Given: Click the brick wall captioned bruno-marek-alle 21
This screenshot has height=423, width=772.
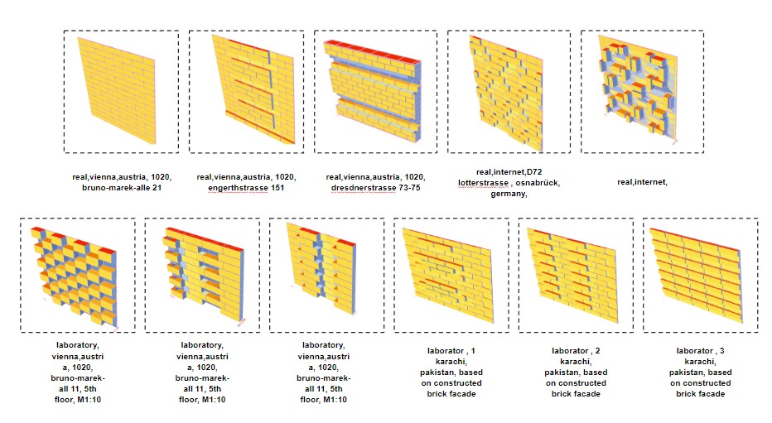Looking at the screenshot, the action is tap(117, 91).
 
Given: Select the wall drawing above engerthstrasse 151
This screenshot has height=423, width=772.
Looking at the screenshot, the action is tap(253, 89).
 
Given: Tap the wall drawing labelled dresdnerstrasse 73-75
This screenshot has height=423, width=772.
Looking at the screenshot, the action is tap(372, 91).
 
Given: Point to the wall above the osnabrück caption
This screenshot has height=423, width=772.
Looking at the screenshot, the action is tap(507, 93).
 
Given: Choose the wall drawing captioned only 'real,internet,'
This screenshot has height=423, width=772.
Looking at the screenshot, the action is tap(638, 89).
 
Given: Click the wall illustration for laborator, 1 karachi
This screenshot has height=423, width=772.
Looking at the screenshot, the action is tap(448, 275).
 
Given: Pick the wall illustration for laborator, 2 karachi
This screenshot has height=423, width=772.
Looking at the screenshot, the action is tap(572, 275).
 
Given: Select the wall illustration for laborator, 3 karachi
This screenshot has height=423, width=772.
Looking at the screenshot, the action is tap(697, 275).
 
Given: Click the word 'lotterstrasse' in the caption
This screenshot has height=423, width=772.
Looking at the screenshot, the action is tap(483, 183).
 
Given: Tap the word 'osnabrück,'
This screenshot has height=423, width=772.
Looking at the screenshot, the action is tap(538, 183).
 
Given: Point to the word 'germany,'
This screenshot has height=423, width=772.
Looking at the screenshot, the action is tap(509, 194).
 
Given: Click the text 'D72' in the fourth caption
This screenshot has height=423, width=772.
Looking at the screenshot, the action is tap(533, 172).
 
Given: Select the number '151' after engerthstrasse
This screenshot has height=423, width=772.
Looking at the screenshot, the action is tap(277, 188).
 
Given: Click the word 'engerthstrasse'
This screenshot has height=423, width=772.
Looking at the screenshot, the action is tap(238, 188).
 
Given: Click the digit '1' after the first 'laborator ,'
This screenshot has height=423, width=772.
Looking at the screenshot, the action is tap(473, 351).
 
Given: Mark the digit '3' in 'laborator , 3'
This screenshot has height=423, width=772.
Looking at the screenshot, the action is tap(721, 351).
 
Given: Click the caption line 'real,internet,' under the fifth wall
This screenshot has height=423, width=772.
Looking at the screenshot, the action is tap(642, 182).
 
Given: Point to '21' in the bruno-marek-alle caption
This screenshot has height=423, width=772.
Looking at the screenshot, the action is tap(157, 188).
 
